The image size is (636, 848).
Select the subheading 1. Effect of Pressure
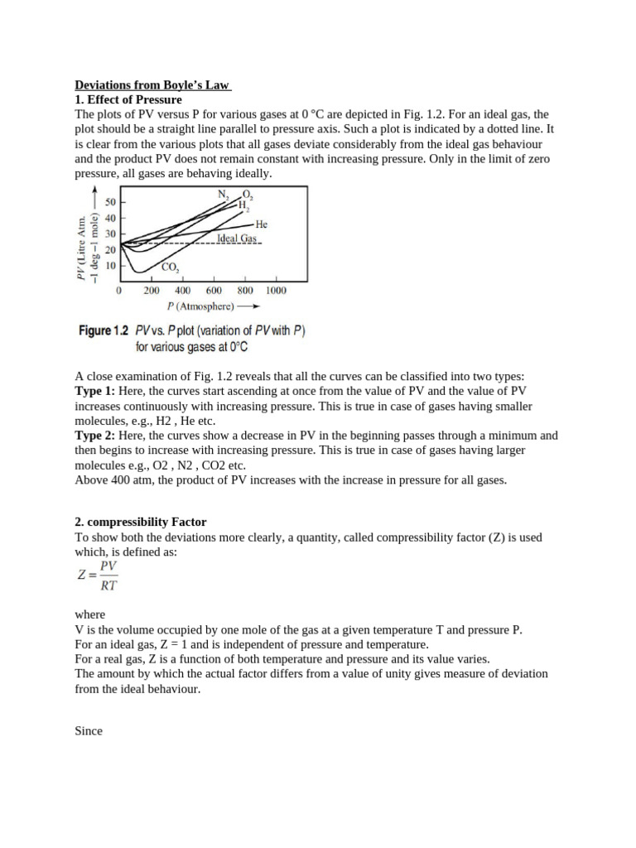128,99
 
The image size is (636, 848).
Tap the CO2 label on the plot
170,267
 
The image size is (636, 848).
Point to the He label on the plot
262,224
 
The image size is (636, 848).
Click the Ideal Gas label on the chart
237,238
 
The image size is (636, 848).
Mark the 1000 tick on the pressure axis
276,291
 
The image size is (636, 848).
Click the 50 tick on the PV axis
109,201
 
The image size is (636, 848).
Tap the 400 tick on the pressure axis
183,291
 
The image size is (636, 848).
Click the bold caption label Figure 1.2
104,331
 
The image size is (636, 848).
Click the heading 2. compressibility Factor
141,522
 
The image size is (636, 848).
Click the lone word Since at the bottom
89,731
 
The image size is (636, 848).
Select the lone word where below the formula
90,614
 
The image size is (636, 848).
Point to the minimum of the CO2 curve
142,271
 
